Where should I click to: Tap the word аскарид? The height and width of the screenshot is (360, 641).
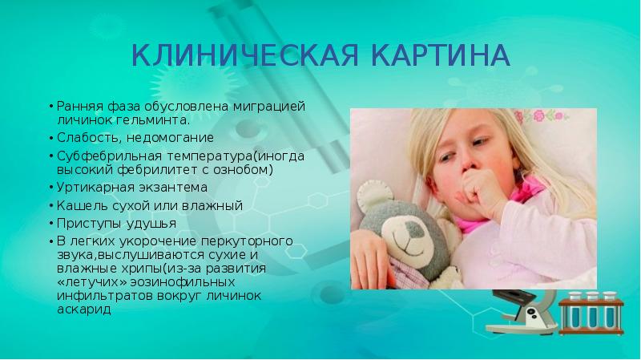pyautogui.click(x=82, y=309)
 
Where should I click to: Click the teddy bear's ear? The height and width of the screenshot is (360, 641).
pyautogui.click(x=370, y=192)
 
